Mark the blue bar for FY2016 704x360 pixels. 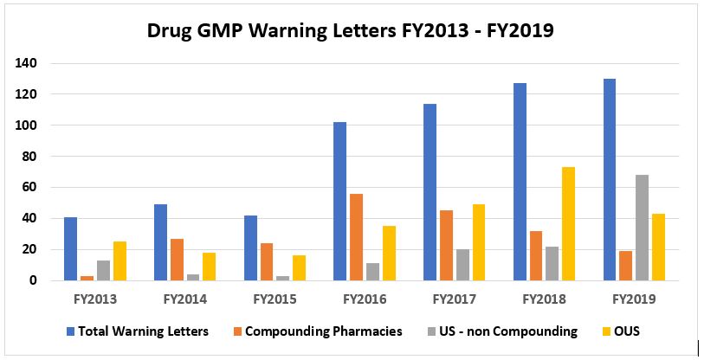339,201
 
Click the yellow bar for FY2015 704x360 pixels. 300,268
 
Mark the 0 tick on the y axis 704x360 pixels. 33,280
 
